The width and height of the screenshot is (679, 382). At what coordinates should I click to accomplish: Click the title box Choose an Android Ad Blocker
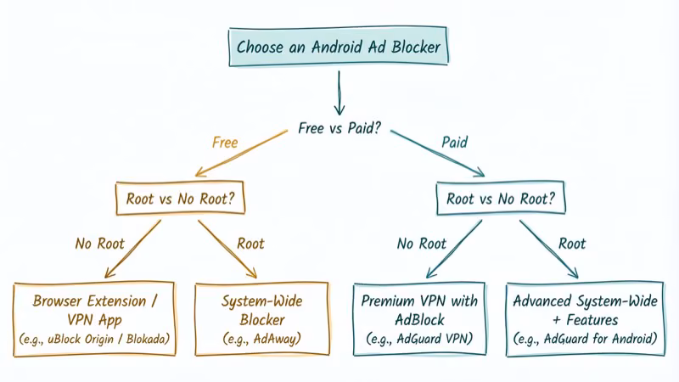tap(339, 48)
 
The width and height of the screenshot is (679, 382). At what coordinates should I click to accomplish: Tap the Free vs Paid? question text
tap(339, 129)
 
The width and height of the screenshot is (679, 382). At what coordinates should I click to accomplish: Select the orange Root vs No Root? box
tap(179, 200)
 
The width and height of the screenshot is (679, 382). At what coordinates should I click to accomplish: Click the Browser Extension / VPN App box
tap(94, 319)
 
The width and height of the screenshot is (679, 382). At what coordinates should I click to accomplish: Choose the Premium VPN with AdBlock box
tap(418, 319)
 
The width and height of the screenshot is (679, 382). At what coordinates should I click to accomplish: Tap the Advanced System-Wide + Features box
tap(585, 319)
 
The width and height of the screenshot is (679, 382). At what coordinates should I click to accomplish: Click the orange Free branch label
tap(224, 143)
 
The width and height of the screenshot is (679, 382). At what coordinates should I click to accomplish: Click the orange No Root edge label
tap(99, 244)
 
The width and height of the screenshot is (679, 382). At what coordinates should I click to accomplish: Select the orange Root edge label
tap(250, 244)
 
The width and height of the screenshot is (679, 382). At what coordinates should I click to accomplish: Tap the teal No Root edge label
tap(422, 244)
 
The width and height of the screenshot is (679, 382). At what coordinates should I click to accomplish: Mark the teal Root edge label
tap(572, 244)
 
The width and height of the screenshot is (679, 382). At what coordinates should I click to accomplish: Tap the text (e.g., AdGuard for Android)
tap(585, 340)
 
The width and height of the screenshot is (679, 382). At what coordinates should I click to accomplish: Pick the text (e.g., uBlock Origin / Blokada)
tap(94, 340)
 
